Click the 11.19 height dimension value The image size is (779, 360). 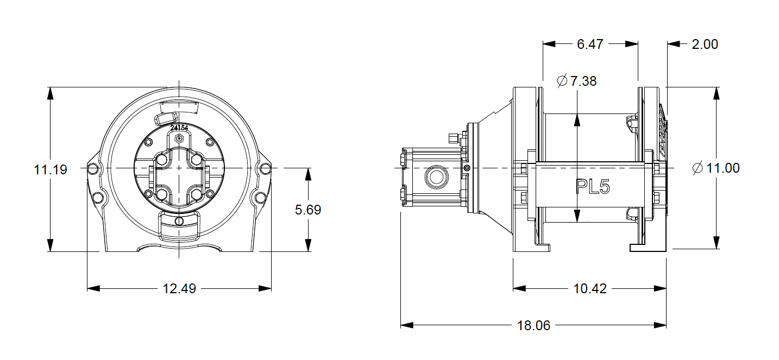click(x=51, y=169)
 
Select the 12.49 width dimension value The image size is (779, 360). click(x=179, y=289)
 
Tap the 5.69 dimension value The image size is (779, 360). click(x=308, y=210)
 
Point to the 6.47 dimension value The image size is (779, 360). click(x=590, y=44)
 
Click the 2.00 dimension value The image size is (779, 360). click(x=705, y=44)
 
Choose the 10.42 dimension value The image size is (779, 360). click(x=589, y=289)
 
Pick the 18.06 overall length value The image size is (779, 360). click(x=533, y=325)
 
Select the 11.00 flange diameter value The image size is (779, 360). click(x=723, y=168)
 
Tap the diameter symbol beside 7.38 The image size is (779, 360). click(x=562, y=81)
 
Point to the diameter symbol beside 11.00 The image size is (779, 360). click(x=698, y=168)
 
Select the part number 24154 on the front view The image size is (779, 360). click(x=179, y=128)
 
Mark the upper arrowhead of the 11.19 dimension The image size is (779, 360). click(x=51, y=93)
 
